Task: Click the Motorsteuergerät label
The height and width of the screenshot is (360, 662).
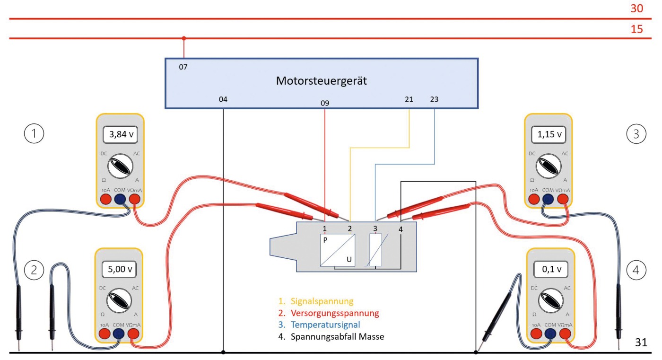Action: pos(322,81)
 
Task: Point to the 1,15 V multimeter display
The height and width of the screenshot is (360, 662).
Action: pos(549,135)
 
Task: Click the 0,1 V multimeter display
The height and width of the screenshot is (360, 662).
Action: pos(549,270)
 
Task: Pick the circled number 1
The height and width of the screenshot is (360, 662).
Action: pos(34,134)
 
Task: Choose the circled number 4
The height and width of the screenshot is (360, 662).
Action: pos(636,270)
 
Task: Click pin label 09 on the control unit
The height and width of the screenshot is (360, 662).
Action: pos(325,103)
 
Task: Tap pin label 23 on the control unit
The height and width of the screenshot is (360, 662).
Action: pos(434,99)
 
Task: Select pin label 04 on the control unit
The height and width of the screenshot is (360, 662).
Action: pos(223,99)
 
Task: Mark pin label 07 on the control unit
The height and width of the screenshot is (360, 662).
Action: pos(183,67)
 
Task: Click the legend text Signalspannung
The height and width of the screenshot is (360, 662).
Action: pos(322,301)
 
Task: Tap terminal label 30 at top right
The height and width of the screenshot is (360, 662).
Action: pos(636,8)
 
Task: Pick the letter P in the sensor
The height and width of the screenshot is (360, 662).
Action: pos(325,240)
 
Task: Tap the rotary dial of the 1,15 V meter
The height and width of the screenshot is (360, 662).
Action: pos(549,166)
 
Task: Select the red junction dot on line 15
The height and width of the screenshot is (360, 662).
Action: pos(184,38)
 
